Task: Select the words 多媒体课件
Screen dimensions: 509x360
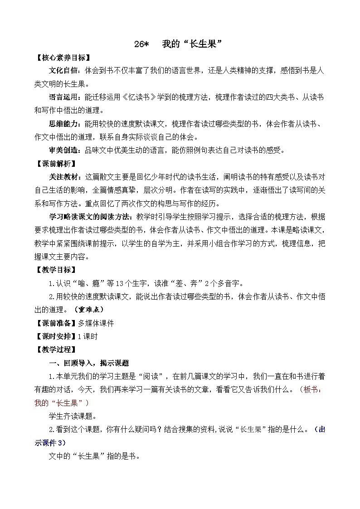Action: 96,323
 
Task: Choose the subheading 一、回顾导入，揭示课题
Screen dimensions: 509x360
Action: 89,363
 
